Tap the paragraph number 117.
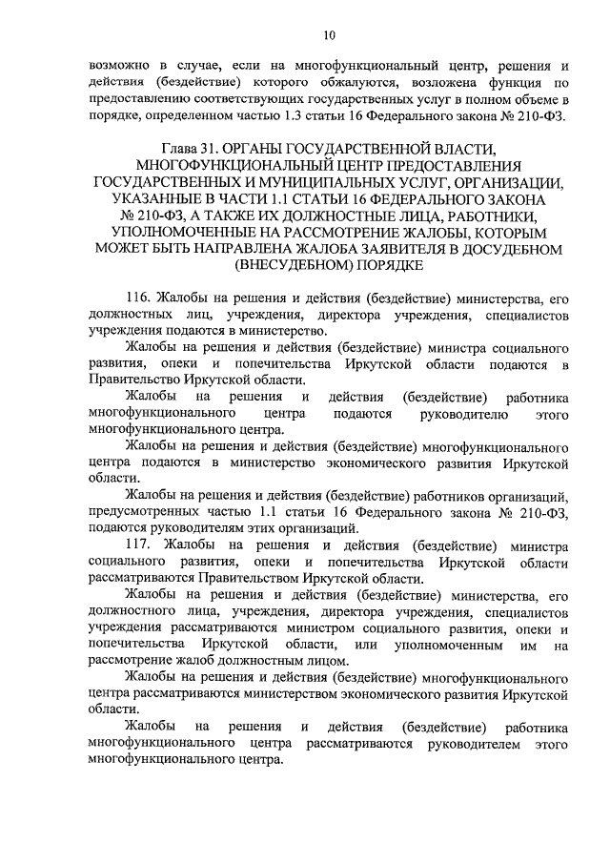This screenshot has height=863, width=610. click(x=138, y=545)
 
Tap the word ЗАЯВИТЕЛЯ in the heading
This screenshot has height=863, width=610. click(x=352, y=250)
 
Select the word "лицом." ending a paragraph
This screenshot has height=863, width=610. click(x=330, y=662)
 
